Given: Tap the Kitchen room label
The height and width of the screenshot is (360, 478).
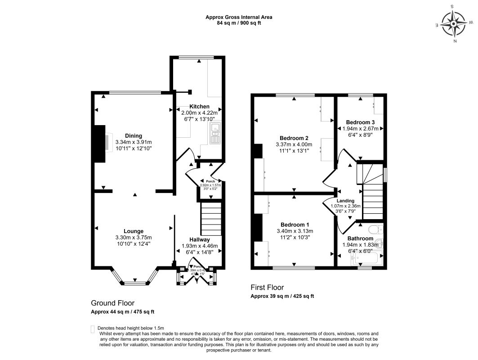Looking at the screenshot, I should pos(199,106).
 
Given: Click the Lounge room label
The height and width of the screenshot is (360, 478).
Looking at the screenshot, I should pos(134,231).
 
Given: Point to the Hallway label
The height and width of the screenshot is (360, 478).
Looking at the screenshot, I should pos(199,239).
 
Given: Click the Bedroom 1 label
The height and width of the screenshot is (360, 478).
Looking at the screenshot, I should pos(295,225).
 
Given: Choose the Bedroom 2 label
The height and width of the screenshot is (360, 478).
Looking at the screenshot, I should pos(294,138).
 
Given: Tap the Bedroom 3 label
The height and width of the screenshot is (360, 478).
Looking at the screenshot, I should pos(360,122).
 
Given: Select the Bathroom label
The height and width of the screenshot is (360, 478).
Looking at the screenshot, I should pos(360,238).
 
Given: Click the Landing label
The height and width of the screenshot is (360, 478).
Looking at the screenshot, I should pos(345,201).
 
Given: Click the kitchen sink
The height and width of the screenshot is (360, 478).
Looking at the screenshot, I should pos(215,132).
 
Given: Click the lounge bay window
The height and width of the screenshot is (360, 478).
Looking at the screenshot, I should pos(135,282).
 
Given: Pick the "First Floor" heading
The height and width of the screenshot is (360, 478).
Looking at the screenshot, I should pos(267,288).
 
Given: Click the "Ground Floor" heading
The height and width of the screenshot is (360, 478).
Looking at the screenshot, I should pos(112,303).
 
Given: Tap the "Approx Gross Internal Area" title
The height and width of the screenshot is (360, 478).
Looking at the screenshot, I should pos(239,17).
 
